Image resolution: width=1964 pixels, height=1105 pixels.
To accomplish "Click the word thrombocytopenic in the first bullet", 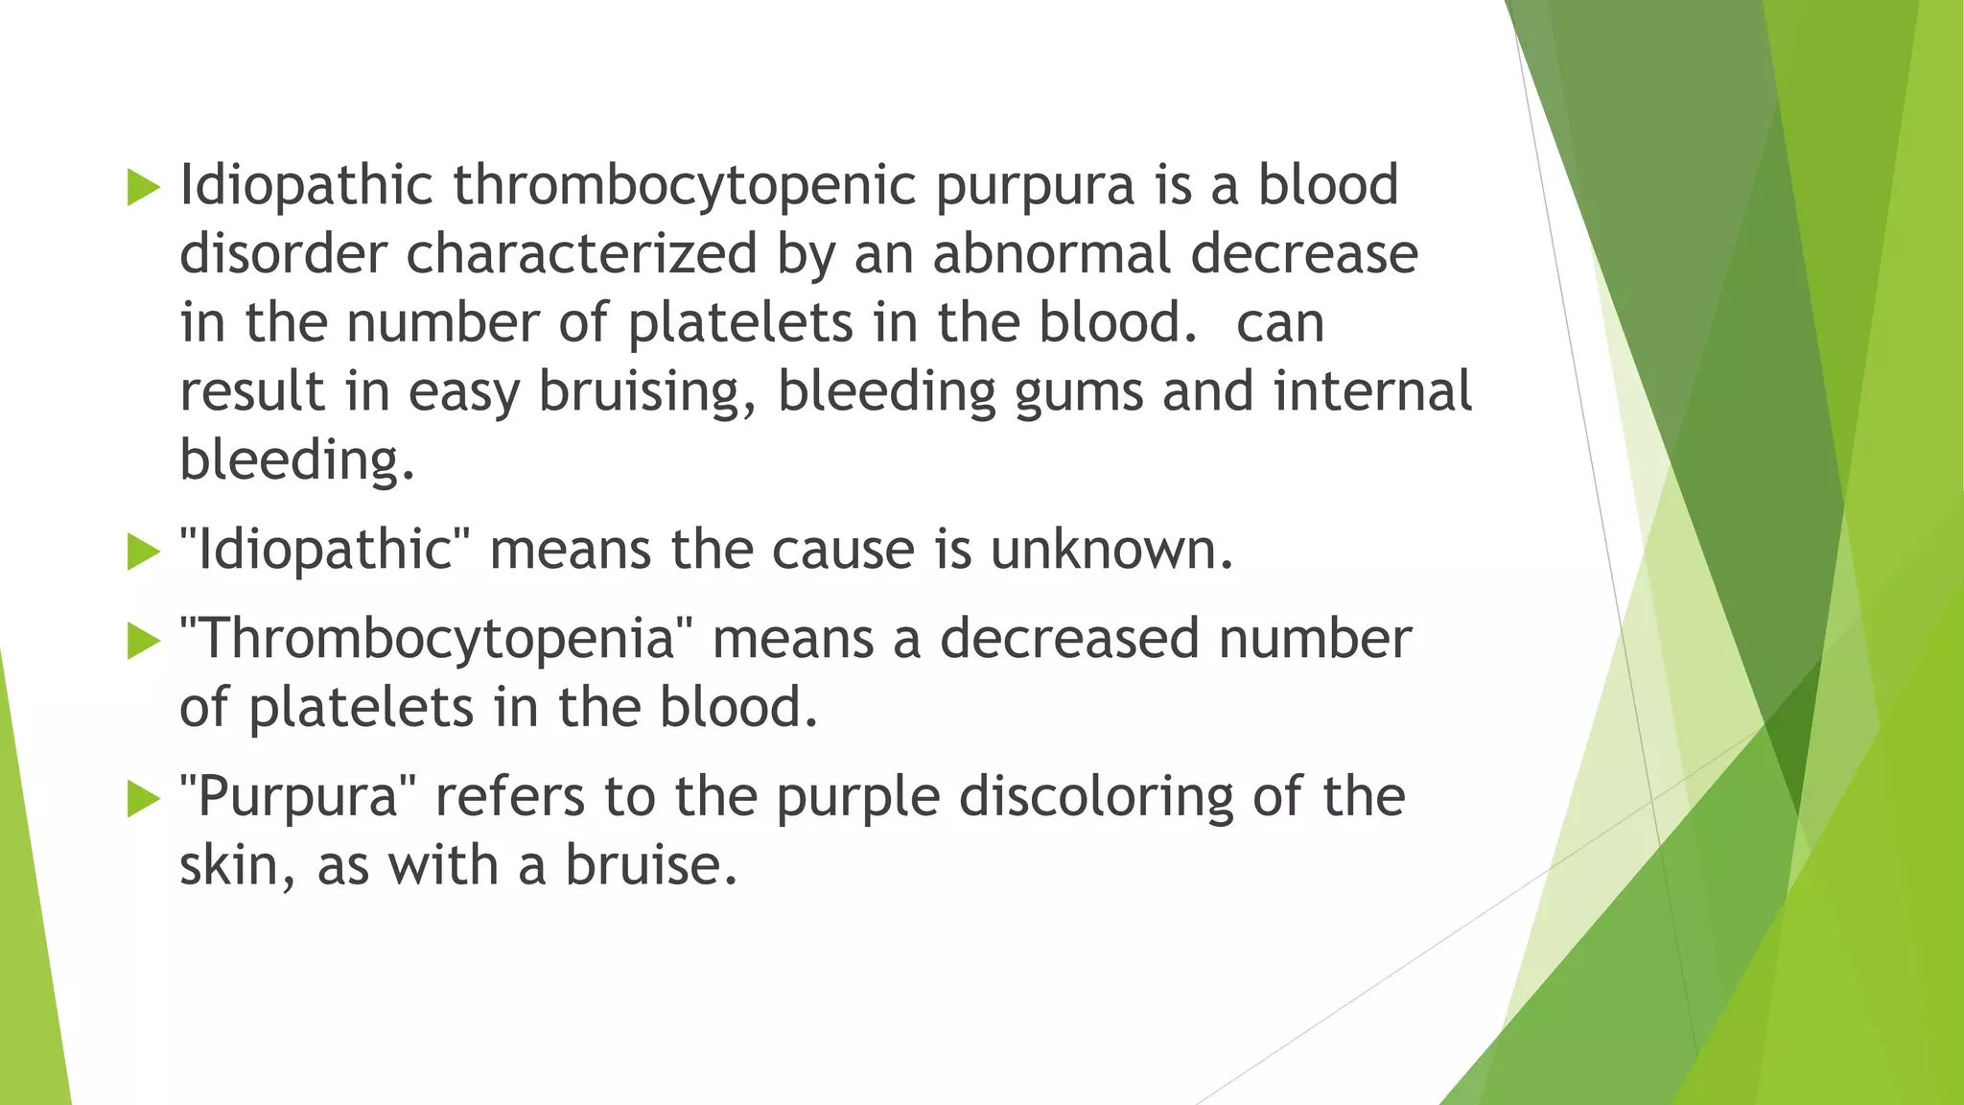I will [x=685, y=185].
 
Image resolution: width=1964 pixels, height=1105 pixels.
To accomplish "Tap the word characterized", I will [x=582, y=254].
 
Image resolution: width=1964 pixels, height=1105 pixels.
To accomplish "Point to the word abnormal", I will [x=1052, y=254].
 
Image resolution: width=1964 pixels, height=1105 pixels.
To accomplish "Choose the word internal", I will [x=1372, y=391].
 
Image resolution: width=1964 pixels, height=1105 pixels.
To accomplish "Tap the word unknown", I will [x=1111, y=551].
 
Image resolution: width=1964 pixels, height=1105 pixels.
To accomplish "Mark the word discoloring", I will [x=1096, y=798].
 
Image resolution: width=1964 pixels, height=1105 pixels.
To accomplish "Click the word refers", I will [x=509, y=798].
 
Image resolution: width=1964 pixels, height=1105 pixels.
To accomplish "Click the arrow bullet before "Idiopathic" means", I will [x=143, y=552].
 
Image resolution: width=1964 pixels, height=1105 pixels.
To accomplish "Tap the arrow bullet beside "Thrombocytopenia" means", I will [x=143, y=641].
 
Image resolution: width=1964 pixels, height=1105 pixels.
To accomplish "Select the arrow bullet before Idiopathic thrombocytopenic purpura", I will [x=143, y=187].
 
